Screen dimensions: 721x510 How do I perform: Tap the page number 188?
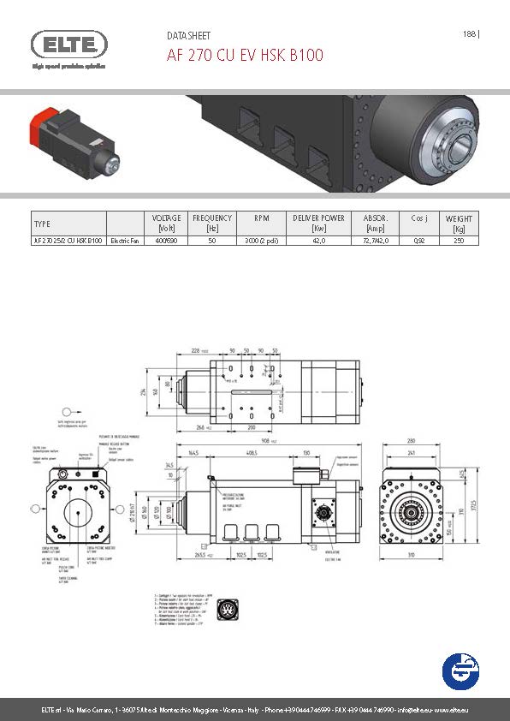(x=469, y=34)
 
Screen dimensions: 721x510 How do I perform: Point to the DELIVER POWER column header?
(x=318, y=223)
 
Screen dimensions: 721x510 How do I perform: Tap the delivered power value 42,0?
(x=318, y=241)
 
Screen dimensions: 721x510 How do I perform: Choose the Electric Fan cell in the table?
(x=123, y=241)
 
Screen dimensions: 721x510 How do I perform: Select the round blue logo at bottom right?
(x=460, y=670)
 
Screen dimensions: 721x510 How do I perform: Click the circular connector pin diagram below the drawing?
(x=228, y=610)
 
